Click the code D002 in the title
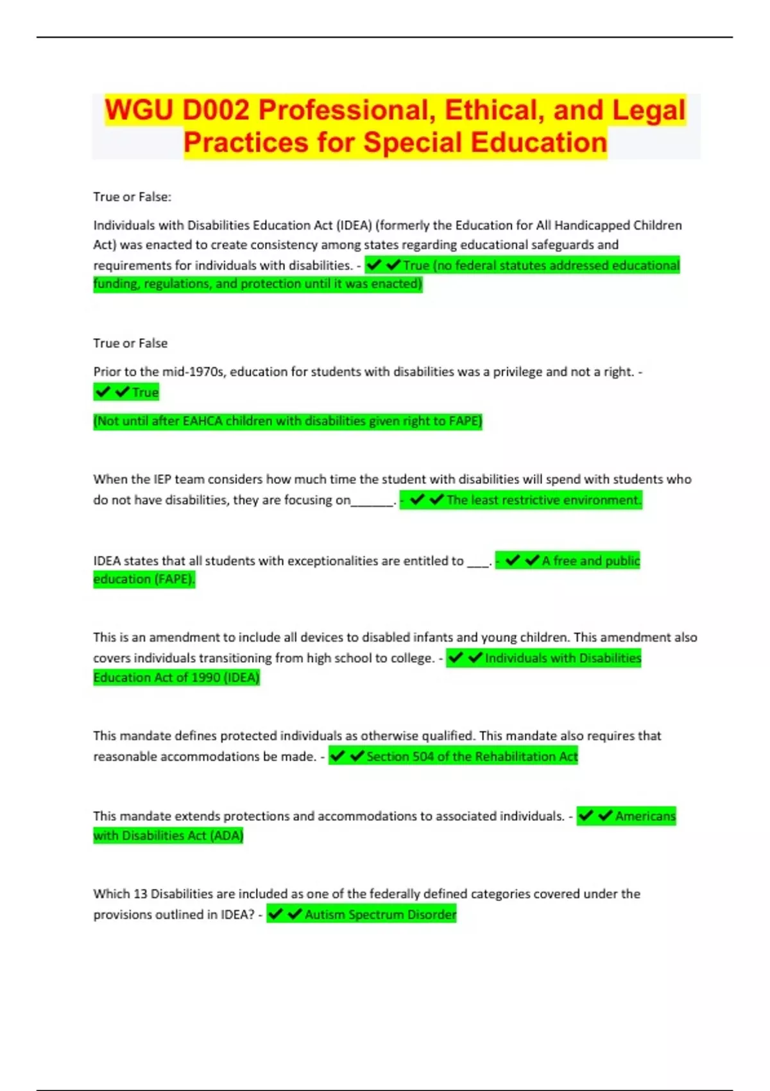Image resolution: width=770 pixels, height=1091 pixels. click(x=215, y=110)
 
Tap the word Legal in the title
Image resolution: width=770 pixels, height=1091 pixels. click(x=648, y=110)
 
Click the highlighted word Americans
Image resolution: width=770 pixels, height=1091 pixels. click(x=645, y=816)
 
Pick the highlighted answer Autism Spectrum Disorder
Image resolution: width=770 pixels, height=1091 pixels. click(x=380, y=915)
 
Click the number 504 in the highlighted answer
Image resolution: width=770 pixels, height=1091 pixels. click(x=423, y=757)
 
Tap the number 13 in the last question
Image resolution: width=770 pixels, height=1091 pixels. click(x=141, y=894)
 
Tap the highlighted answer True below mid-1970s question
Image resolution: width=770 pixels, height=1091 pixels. click(x=145, y=392)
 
